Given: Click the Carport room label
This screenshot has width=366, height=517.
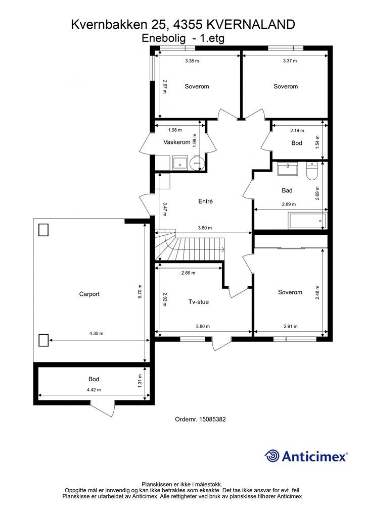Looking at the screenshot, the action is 89,294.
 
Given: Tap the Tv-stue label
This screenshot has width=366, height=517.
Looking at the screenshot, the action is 198,302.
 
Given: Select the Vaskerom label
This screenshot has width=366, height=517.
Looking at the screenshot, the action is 176,142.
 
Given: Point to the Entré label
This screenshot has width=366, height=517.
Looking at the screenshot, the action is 205,201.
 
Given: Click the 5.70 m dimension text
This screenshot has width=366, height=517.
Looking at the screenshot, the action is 140,291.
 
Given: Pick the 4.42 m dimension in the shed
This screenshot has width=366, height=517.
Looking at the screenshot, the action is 94,390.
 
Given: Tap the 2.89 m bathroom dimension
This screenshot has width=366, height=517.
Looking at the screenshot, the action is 289,204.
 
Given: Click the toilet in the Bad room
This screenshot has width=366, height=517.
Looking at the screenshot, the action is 311,171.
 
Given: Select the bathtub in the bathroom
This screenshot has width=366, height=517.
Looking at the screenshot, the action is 307,221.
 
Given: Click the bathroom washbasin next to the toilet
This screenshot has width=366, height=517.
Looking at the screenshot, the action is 288,169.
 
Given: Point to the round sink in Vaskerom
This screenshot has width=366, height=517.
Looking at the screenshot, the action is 197,163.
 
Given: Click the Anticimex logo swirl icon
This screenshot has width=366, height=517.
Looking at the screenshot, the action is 272,456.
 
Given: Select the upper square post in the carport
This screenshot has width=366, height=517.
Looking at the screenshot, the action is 43,230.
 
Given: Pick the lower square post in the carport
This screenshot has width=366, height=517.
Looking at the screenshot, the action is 43,340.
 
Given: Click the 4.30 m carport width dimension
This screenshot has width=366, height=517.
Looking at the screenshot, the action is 97,333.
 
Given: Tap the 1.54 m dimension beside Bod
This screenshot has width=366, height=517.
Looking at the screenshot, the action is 317,142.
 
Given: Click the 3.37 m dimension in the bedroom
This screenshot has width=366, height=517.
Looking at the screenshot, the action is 290,61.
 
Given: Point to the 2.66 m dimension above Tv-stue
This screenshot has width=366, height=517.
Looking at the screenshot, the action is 188,273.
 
